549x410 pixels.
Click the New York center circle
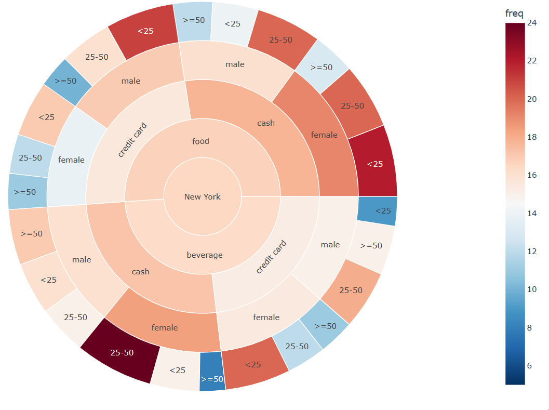[203, 196]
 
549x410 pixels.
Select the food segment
[201, 141]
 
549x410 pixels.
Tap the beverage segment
[205, 255]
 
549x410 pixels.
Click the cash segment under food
[266, 123]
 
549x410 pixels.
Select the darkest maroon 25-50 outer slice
[122, 352]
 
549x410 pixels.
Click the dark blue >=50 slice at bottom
[212, 372]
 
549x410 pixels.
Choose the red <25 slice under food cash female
[374, 164]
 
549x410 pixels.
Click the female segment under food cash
[324, 135]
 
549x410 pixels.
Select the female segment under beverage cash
[165, 327]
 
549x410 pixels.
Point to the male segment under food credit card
[131, 81]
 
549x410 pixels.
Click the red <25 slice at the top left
[145, 31]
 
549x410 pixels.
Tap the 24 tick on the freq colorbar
[531, 22]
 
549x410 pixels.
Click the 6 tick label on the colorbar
[529, 365]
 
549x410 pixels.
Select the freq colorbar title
[514, 13]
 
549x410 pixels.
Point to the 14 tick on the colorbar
[531, 213]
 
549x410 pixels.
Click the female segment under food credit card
[71, 160]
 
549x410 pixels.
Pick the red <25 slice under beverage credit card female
[253, 364]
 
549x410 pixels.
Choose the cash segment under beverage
[141, 271]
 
